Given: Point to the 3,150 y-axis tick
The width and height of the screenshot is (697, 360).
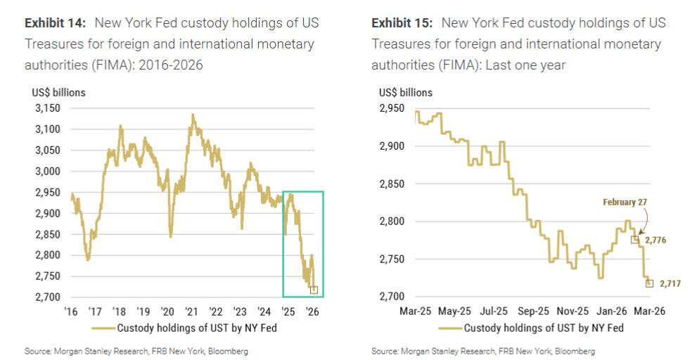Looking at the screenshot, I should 46,108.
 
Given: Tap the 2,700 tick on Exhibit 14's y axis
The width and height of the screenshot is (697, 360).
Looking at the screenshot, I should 46,297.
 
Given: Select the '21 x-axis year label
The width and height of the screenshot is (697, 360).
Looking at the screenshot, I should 191,311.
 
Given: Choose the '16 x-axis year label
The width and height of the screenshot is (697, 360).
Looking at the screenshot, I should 71,311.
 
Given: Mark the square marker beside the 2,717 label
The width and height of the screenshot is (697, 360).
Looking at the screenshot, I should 649,283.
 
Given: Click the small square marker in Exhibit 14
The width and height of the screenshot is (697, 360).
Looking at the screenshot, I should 314,289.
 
